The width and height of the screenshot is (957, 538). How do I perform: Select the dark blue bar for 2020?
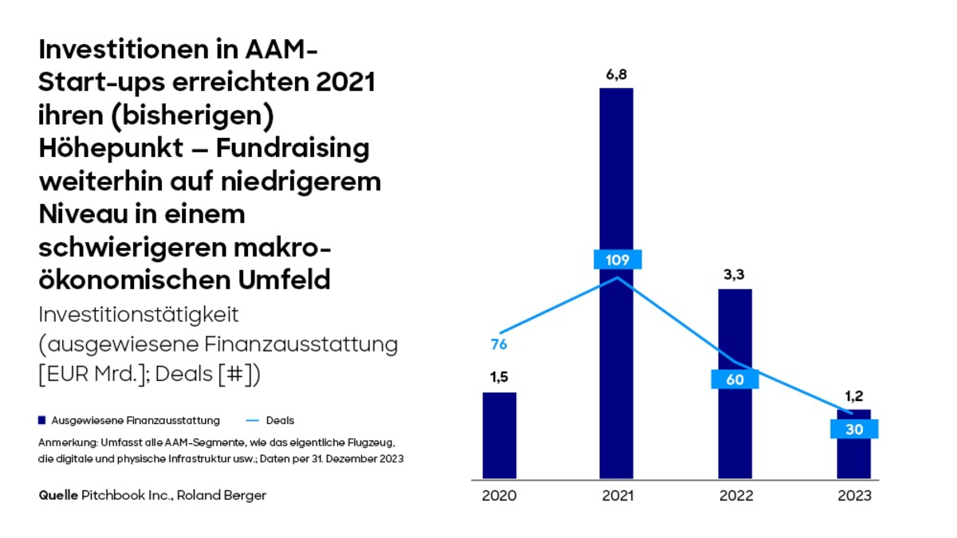click(x=499, y=435)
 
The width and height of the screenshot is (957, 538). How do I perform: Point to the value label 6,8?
click(x=616, y=74)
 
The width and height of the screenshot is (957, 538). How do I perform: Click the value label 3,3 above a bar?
click(x=734, y=275)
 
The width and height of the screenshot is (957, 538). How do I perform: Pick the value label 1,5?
click(x=499, y=378)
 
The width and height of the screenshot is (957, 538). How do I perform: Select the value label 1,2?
click(x=854, y=395)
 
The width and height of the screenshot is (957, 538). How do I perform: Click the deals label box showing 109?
click(x=617, y=260)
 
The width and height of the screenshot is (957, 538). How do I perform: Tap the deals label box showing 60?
click(x=734, y=379)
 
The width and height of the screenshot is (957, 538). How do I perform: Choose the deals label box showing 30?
click(x=854, y=429)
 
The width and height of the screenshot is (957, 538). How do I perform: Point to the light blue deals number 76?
click(x=499, y=345)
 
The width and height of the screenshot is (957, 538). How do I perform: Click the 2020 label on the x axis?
click(x=499, y=496)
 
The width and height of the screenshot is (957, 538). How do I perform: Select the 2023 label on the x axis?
click(x=854, y=496)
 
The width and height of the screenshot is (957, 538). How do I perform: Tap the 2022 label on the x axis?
click(x=734, y=496)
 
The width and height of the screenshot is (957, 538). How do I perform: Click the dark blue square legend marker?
click(x=42, y=420)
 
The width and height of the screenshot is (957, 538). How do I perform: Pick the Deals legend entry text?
click(x=280, y=420)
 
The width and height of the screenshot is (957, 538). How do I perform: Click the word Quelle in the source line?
click(x=58, y=495)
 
